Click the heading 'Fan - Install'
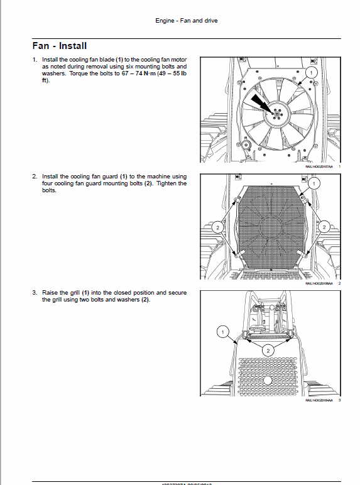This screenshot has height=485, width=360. point(59,46)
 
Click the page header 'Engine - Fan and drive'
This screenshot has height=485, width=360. point(187,21)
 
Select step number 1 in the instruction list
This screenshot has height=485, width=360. point(35,59)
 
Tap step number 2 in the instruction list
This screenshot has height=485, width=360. point(35,177)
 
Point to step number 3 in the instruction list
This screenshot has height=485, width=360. point(35,293)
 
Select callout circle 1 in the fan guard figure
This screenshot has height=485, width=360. point(315,183)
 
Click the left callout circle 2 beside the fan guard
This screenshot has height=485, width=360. point(215,227)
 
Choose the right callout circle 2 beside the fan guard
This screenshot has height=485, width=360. point(325,227)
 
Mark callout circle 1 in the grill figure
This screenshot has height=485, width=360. point(221,330)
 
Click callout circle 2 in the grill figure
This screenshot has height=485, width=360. point(268,351)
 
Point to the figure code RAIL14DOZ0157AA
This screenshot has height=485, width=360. point(318,166)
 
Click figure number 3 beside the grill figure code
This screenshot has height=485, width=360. point(339,400)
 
